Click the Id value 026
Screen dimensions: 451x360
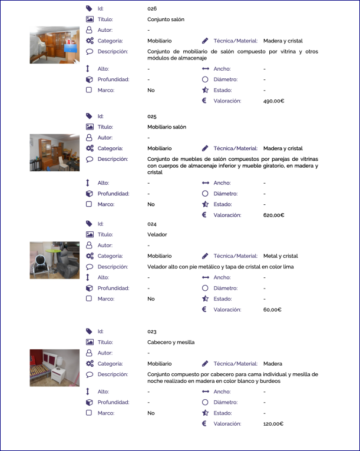151,9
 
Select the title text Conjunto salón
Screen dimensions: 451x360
166,19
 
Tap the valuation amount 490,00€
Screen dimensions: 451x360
273,101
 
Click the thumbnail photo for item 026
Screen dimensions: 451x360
54,45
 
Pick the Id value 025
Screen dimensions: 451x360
151,117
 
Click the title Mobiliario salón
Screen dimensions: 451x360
167,127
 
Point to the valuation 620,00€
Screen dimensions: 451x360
273,215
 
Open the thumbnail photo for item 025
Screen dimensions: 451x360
54,152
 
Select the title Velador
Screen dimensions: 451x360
157,234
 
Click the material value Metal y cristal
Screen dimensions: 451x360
280,256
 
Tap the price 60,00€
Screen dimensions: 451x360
272,310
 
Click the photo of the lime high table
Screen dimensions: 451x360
54,260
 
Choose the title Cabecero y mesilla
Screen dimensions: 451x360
171,342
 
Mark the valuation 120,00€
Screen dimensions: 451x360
273,424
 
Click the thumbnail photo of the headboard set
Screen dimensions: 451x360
54,367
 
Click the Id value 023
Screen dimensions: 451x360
151,331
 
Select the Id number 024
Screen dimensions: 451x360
151,224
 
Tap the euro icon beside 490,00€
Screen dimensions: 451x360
204,101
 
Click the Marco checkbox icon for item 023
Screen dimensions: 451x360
89,413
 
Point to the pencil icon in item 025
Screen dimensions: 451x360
205,148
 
